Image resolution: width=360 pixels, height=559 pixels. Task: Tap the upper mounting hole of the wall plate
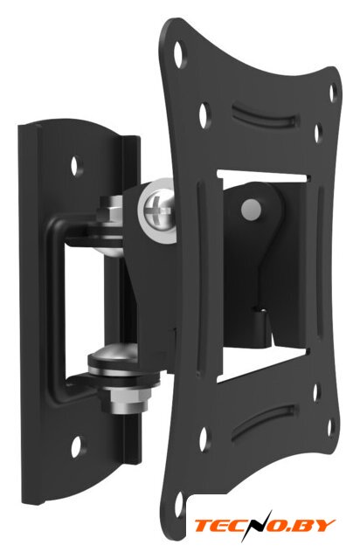pyautogui.click(x=76, y=165)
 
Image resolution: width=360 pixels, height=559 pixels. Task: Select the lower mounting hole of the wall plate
pyautogui.click(x=76, y=446)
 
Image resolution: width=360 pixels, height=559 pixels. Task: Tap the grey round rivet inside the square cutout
pyautogui.click(x=251, y=209)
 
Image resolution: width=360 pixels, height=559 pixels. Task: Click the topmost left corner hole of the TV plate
pyautogui.click(x=180, y=54)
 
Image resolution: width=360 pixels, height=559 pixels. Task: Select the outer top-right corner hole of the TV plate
pyautogui.click(x=333, y=93)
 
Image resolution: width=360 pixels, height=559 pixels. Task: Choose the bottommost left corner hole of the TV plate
pyautogui.click(x=179, y=505)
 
